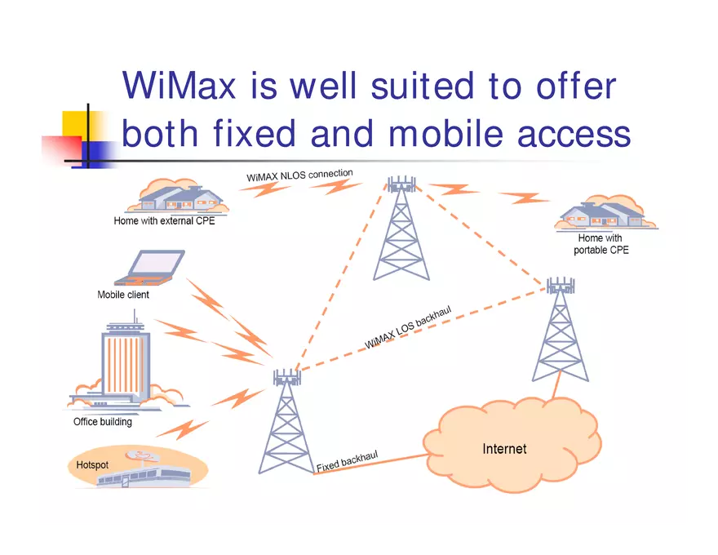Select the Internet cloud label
[504, 449]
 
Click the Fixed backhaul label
[347, 462]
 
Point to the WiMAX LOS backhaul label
[408, 327]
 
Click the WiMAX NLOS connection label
[299, 175]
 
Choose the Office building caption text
[102, 422]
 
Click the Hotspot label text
[92, 464]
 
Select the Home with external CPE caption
[164, 220]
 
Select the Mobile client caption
[123, 295]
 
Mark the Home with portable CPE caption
[601, 244]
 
